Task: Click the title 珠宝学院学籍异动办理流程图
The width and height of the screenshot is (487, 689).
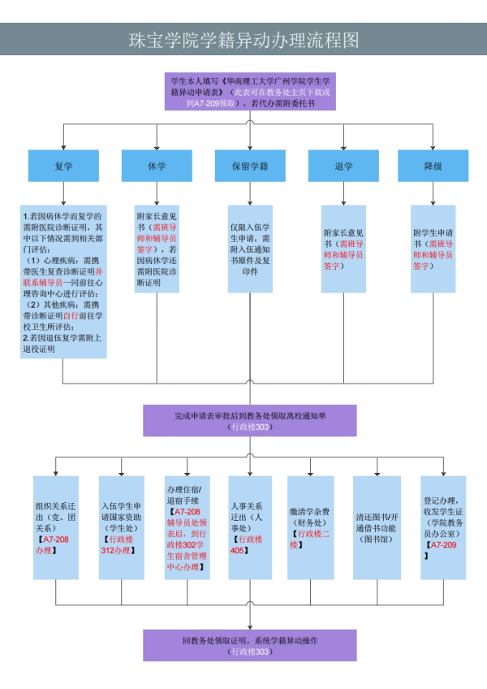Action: (x=243, y=40)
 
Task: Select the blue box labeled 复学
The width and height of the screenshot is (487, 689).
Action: (x=63, y=167)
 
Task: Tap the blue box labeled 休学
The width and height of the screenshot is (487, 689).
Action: (x=157, y=167)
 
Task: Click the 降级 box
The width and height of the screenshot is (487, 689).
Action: (x=433, y=167)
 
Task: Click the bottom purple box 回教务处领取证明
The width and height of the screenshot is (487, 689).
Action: (x=250, y=645)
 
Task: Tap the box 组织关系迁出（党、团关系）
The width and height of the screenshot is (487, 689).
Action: (x=55, y=527)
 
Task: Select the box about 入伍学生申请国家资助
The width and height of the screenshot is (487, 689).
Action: (x=121, y=527)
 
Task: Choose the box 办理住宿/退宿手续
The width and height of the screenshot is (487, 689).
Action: (x=187, y=527)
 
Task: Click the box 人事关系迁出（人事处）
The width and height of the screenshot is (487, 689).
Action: (x=250, y=527)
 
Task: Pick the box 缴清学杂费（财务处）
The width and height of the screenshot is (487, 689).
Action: (x=310, y=527)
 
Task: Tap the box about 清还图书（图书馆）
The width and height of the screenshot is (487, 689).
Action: (x=377, y=527)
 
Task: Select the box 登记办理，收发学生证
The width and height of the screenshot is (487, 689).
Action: (x=443, y=527)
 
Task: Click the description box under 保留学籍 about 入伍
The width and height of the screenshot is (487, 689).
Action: (x=250, y=248)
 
